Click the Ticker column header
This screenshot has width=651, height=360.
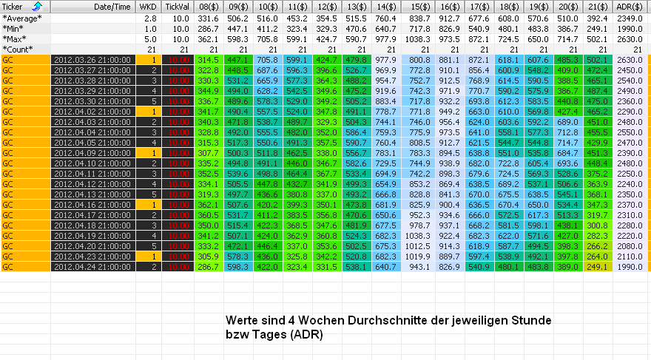pyautogui.click(x=13, y=7)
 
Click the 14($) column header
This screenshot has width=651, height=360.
pyautogui.click(x=385, y=7)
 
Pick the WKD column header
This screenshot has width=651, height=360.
pyautogui.click(x=148, y=7)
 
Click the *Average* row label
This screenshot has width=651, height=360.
pyautogui.click(x=22, y=17)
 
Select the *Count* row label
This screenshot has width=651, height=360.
pyautogui.click(x=19, y=48)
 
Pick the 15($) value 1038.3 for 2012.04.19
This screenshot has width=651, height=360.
pyautogui.click(x=419, y=235)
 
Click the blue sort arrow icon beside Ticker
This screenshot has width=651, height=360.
pyautogui.click(x=38, y=7)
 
